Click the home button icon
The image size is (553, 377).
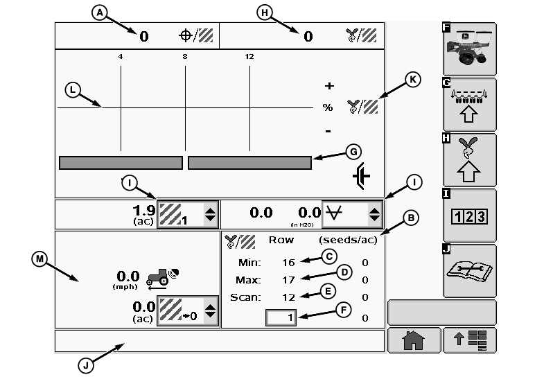(x=414, y=340)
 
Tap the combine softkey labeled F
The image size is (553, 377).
(x=471, y=49)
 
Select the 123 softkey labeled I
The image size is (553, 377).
(x=470, y=216)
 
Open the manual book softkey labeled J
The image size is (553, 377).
(x=470, y=271)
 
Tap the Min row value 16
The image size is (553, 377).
(x=288, y=263)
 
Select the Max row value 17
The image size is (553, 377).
(x=288, y=280)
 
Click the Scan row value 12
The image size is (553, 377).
(x=288, y=297)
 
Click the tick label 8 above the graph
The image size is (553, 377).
(x=185, y=56)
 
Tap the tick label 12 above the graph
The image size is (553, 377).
(x=249, y=56)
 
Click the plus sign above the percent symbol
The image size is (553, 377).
(x=329, y=87)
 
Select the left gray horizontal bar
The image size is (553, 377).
(x=121, y=163)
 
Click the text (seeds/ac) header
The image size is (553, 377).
(x=343, y=240)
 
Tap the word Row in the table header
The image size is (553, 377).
(x=281, y=240)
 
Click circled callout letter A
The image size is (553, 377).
(x=102, y=12)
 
